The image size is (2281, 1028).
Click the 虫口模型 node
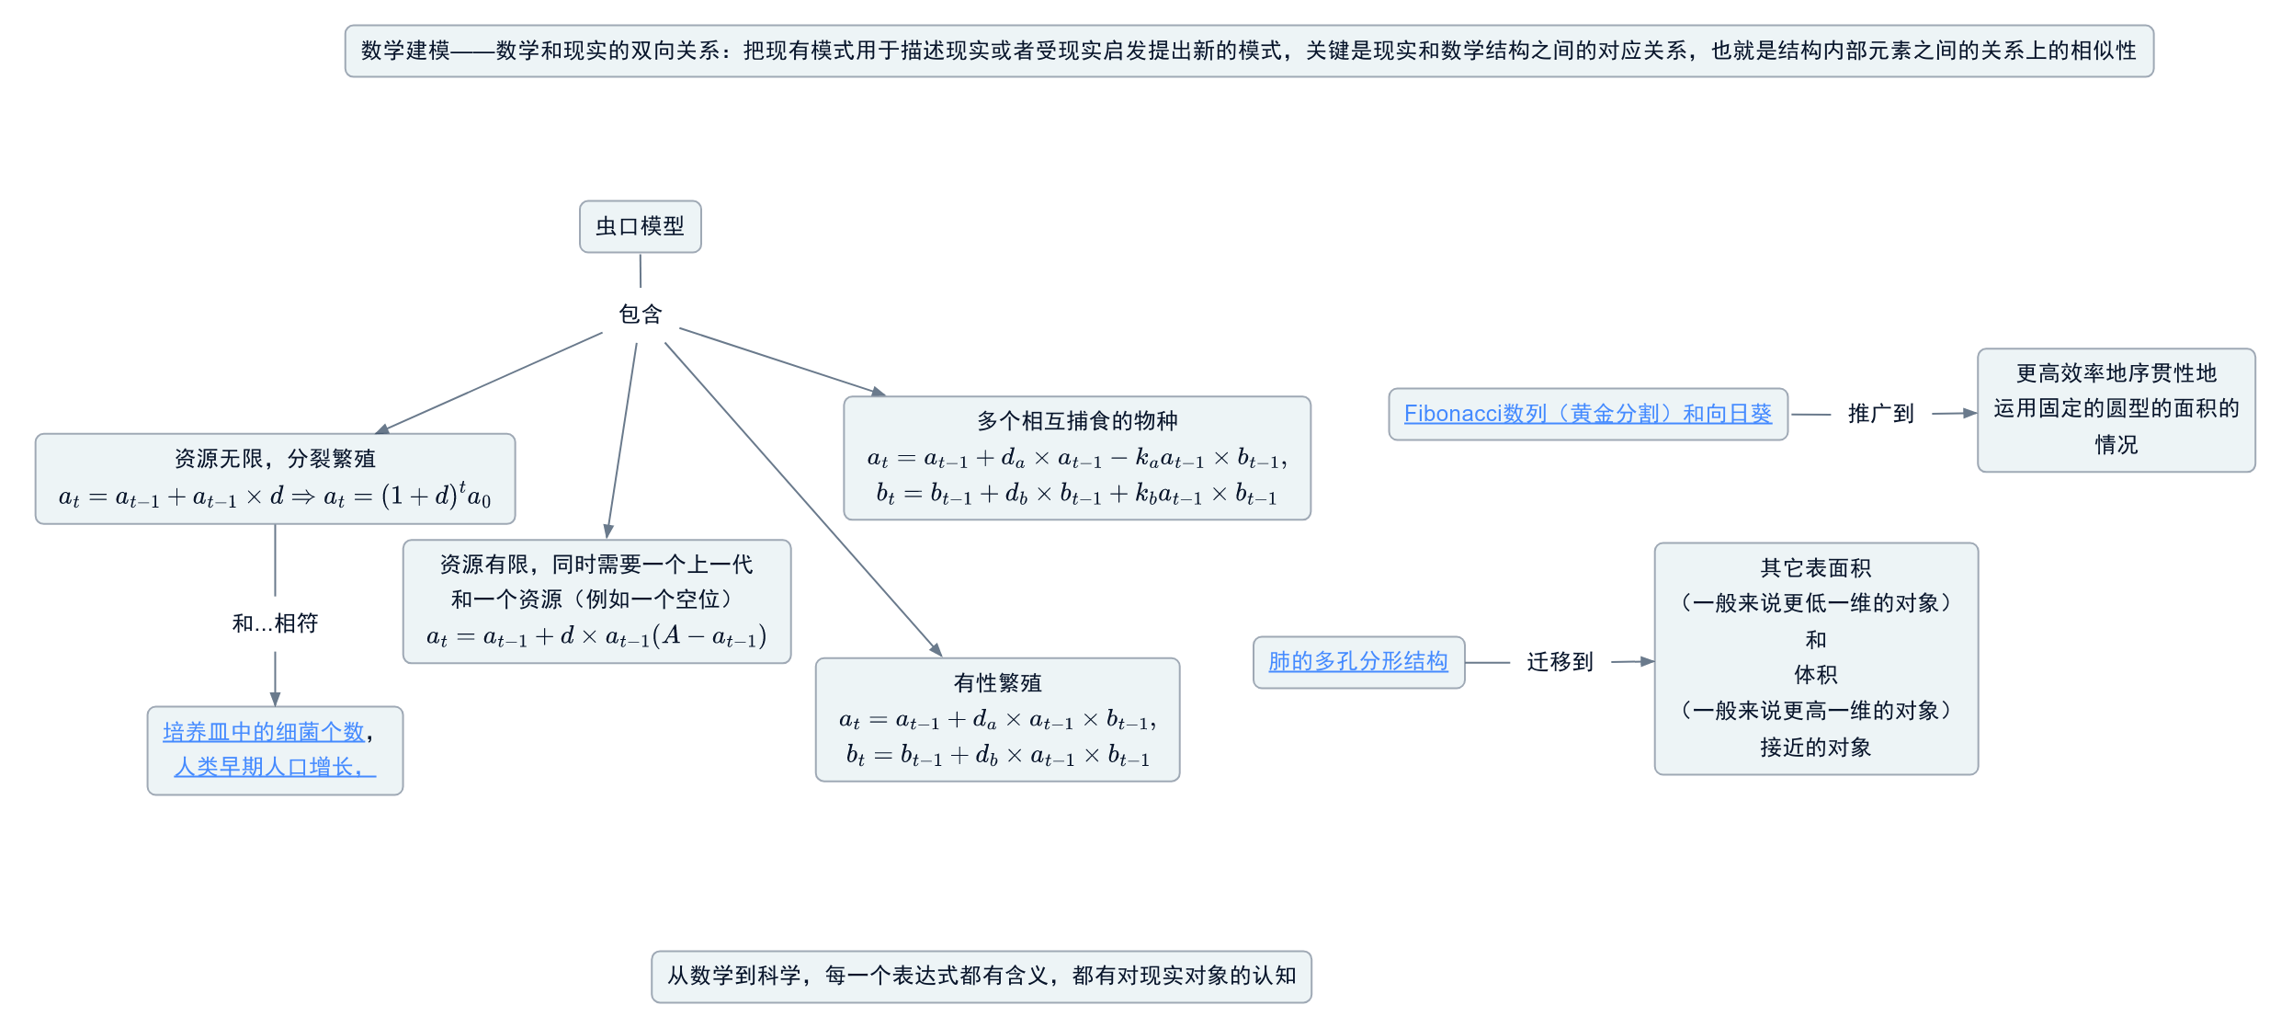click(x=640, y=226)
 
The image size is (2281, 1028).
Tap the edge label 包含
click(x=640, y=314)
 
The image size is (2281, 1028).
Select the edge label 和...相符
click(x=275, y=623)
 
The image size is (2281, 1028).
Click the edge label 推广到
click(x=1880, y=414)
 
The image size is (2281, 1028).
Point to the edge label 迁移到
click(x=1560, y=662)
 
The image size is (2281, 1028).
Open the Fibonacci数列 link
click(x=1587, y=414)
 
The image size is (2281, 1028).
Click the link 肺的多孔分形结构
click(x=1357, y=661)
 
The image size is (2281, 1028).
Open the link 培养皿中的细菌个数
click(x=264, y=732)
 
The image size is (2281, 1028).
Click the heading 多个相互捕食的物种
click(x=1077, y=421)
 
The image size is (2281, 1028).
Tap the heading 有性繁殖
click(x=997, y=683)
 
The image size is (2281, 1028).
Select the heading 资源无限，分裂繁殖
click(x=275, y=458)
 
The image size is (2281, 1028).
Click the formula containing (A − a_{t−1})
click(x=596, y=636)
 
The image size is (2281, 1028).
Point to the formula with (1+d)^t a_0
click(x=275, y=497)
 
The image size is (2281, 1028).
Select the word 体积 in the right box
click(x=1815, y=675)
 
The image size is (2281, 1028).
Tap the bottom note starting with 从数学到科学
click(x=982, y=976)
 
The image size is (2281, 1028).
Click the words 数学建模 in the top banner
click(x=405, y=51)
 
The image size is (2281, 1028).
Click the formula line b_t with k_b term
click(x=1077, y=496)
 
